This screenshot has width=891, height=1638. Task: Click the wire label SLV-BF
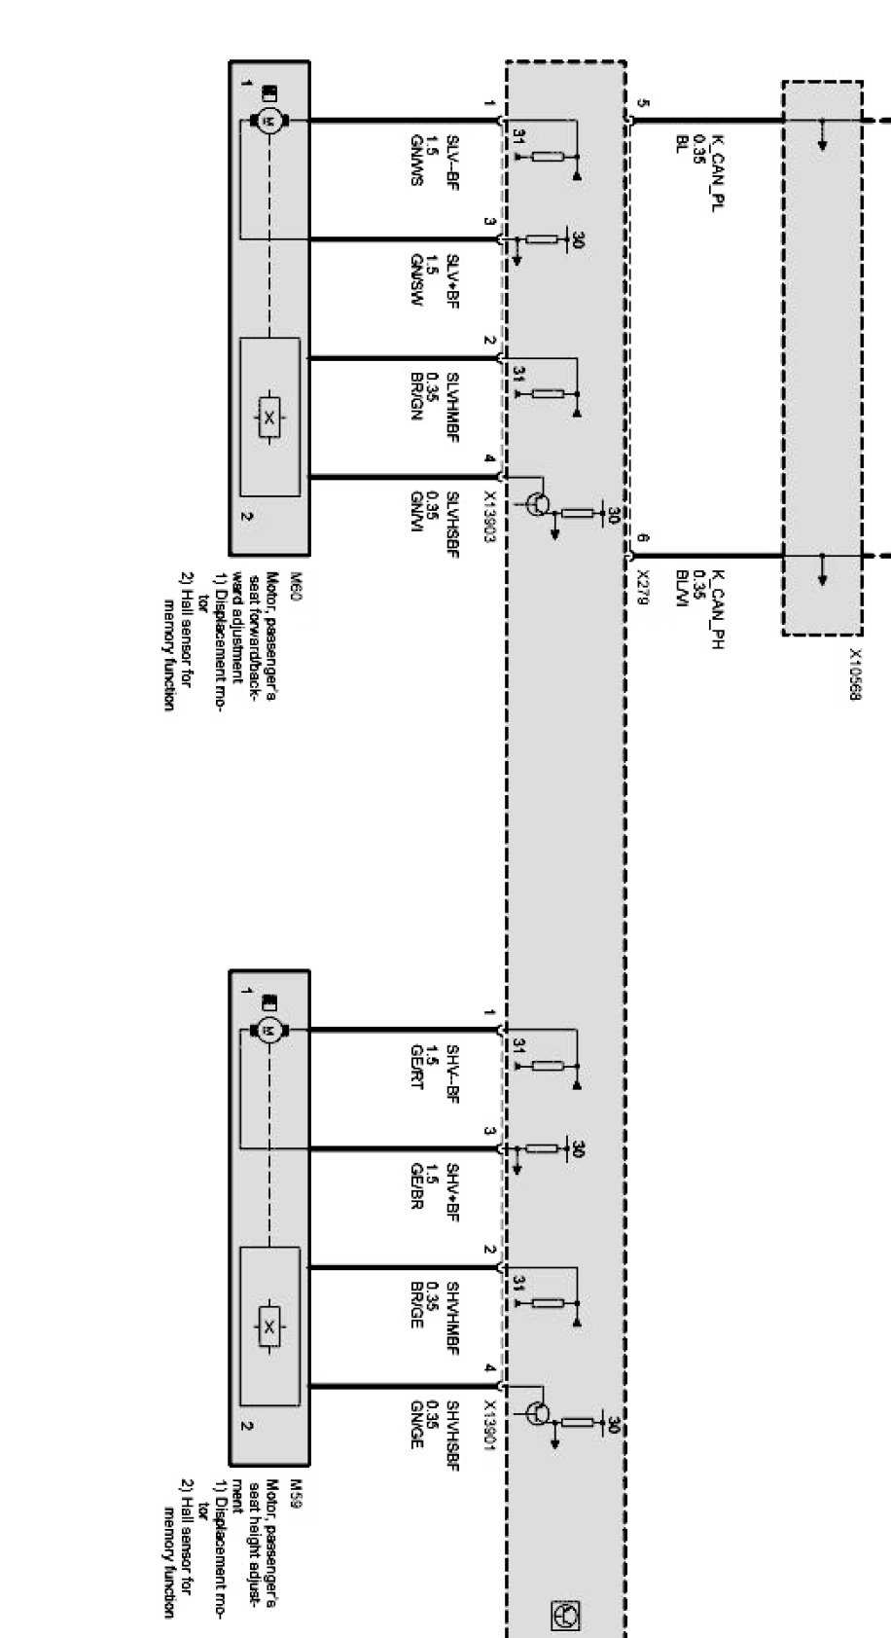click(x=452, y=160)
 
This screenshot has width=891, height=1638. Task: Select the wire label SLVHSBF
click(x=452, y=527)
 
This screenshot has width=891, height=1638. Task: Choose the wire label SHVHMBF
click(x=452, y=1313)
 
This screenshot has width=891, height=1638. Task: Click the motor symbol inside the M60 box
click(x=269, y=120)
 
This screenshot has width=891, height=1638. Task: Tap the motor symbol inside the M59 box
click(x=269, y=1029)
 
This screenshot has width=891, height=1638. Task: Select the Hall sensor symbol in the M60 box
click(x=269, y=419)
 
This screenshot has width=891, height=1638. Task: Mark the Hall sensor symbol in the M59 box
click(x=269, y=1327)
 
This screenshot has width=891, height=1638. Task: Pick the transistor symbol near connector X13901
click(x=538, y=1412)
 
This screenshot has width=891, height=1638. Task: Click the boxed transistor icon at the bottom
click(x=564, y=1615)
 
